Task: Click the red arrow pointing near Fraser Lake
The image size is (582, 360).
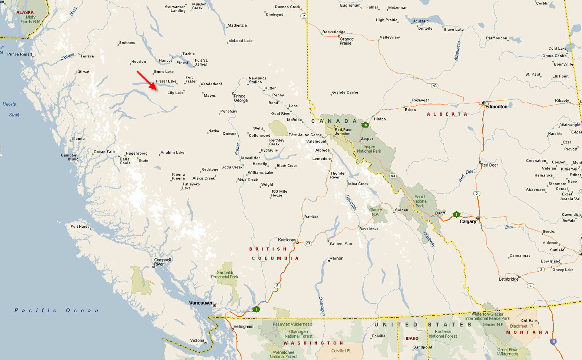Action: [147, 80]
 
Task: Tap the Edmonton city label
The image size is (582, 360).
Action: [496, 107]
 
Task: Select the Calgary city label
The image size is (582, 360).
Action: [467, 222]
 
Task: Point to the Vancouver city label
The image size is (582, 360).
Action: [201, 303]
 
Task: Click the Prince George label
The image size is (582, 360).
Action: [241, 98]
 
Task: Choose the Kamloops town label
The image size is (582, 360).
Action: [287, 240]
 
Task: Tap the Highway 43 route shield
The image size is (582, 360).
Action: [434, 86]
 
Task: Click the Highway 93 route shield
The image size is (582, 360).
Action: [393, 176]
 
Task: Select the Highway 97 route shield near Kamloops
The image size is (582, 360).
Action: [308, 244]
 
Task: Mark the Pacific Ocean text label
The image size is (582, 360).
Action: [56, 311]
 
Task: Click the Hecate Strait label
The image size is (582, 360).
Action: [10, 109]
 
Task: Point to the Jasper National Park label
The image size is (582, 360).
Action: [369, 149]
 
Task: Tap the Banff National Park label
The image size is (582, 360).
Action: [420, 201]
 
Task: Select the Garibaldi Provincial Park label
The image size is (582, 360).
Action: [225, 275]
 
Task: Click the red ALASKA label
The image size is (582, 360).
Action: [25, 13]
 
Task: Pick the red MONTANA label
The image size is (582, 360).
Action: [527, 333]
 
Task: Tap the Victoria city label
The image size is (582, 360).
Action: [197, 340]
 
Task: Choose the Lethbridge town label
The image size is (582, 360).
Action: [508, 279]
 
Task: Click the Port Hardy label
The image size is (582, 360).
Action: [80, 227]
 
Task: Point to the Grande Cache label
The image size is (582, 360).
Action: [345, 93]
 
